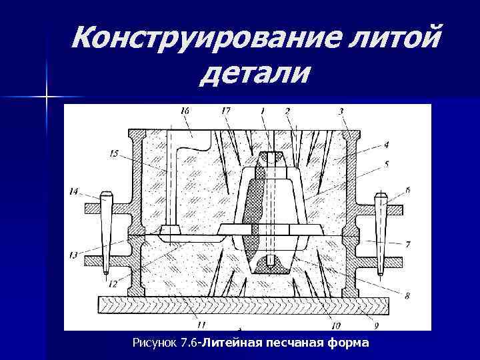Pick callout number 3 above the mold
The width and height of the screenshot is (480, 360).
click(x=341, y=111)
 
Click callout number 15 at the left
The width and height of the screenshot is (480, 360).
click(x=114, y=153)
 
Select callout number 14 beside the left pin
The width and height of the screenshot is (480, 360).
click(x=73, y=191)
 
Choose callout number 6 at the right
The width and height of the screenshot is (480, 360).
click(x=408, y=190)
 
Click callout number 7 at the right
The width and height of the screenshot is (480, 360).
click(x=408, y=244)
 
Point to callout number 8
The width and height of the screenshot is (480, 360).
click(x=408, y=294)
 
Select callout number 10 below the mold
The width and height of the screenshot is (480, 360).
click(x=336, y=326)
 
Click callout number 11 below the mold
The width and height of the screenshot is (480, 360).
click(x=201, y=326)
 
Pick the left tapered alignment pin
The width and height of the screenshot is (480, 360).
click(x=106, y=233)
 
